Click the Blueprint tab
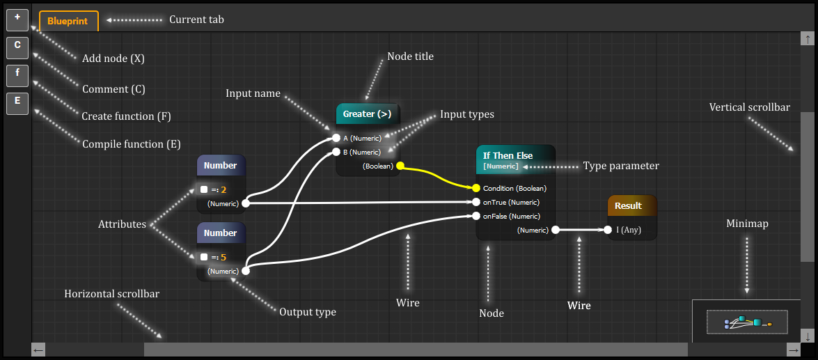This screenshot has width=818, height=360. point(68,21)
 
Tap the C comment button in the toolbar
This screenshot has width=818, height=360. point(17,47)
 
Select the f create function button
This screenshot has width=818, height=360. point(17,75)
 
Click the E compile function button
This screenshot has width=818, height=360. point(17,103)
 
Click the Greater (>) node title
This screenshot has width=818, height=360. point(367,114)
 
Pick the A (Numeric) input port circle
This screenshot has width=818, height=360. point(336,138)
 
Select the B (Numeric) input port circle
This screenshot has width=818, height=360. point(336,152)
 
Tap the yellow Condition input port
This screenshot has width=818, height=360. point(476,188)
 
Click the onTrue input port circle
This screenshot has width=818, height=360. point(476,202)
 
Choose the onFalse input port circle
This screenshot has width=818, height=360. point(476,216)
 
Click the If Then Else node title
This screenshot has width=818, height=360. point(508,155)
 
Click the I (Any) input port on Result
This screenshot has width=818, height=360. point(608,230)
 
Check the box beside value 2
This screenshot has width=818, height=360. point(204,189)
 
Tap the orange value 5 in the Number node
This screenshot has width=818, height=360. point(223,257)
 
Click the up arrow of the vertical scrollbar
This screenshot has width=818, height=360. point(808,40)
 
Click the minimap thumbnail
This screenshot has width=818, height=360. point(747,322)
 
